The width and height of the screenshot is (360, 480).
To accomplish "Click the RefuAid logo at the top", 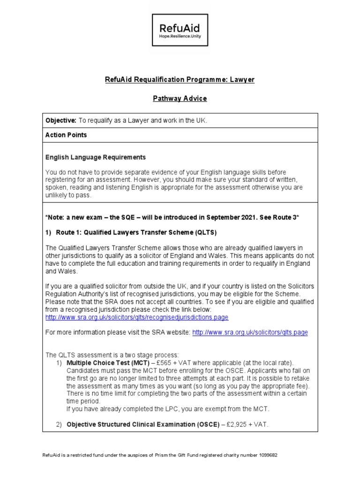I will tap(180, 30).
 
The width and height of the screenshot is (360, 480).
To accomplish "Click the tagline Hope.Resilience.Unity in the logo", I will tap(180, 36).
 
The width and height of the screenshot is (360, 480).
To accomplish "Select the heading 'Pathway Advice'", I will tap(180, 98).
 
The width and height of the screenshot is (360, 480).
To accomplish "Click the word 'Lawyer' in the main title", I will tap(242, 80).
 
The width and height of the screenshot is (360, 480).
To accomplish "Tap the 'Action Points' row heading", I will tap(66, 135).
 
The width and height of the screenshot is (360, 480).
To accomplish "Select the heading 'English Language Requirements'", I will tap(96, 157).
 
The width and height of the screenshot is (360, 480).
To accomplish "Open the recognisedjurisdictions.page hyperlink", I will tap(137, 317).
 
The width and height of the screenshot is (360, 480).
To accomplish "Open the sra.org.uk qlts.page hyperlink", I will tap(250, 332).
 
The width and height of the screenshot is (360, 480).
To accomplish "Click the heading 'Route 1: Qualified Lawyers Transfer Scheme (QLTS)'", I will tap(136, 232).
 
